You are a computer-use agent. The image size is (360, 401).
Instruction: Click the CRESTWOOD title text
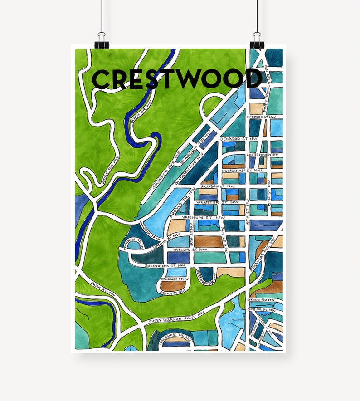click(x=177, y=79)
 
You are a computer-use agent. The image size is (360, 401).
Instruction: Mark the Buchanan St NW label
click(x=238, y=170)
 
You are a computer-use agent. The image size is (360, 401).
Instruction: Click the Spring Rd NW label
click(x=261, y=300)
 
